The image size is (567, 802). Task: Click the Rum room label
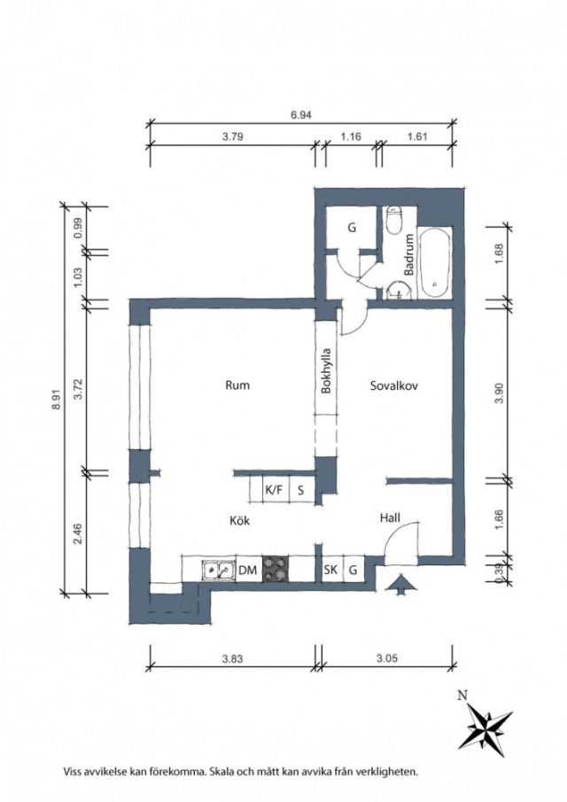click(237, 385)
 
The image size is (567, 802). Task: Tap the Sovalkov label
click(394, 385)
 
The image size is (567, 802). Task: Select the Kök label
click(239, 520)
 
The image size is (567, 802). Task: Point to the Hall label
click(390, 518)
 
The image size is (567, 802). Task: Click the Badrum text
click(409, 254)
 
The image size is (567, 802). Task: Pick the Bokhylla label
click(326, 370)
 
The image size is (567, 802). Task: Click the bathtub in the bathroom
click(435, 262)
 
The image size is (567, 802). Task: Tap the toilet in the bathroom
click(394, 221)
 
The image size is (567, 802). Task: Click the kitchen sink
click(218, 569)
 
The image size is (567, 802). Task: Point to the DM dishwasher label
click(247, 570)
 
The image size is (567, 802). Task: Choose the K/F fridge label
click(274, 489)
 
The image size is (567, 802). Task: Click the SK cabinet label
click(330, 569)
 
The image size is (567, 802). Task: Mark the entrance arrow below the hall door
click(400, 584)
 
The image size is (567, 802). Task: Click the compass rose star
click(485, 730)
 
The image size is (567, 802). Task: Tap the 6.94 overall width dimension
click(301, 114)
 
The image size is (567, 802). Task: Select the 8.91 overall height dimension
click(57, 400)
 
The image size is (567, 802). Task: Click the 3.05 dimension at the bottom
click(387, 658)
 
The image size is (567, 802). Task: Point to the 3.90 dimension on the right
click(500, 393)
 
